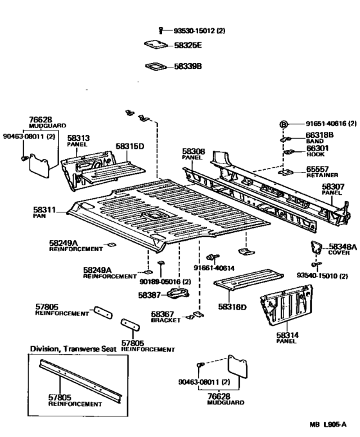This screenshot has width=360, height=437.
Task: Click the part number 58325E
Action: pyautogui.click(x=188, y=45)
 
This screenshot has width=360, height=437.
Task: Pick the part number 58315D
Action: pyautogui.click(x=130, y=146)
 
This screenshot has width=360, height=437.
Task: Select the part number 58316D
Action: pyautogui.click(x=232, y=307)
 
